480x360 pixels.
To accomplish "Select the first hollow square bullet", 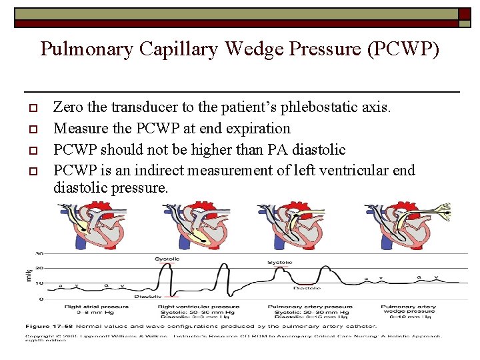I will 32,108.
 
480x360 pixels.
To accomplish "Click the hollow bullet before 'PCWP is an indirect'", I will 32,170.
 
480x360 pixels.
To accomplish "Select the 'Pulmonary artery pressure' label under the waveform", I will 310,307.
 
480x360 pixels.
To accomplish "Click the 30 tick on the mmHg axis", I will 40,253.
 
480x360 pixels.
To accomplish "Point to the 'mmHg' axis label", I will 28,275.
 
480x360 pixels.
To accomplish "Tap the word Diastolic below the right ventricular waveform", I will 147,296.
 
